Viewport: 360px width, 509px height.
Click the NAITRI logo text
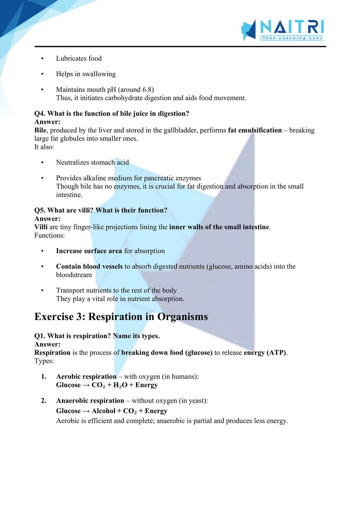click(x=292, y=27)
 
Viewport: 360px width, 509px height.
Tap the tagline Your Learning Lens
click(x=292, y=38)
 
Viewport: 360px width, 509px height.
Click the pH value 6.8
click(x=147, y=90)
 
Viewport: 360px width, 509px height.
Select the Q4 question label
click(x=40, y=113)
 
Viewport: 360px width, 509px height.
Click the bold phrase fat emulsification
click(x=255, y=130)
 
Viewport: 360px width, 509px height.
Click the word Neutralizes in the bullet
click(x=72, y=162)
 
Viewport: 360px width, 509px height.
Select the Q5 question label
click(x=40, y=210)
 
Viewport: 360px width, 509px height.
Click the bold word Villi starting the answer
click(x=41, y=227)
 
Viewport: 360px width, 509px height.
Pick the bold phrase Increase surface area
click(x=89, y=251)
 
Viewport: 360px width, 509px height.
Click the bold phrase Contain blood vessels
click(x=89, y=266)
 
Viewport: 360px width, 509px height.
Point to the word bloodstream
click(x=74, y=275)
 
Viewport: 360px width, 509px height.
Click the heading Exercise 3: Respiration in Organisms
click(x=121, y=317)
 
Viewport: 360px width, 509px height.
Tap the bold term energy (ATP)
click(x=265, y=352)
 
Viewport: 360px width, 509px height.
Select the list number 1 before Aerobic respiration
click(x=44, y=377)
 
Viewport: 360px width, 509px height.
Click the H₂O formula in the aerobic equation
click(x=120, y=385)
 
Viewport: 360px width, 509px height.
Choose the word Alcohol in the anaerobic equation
click(x=103, y=411)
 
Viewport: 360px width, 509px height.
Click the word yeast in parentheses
click(x=197, y=400)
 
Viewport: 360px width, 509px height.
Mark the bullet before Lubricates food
click(x=42, y=58)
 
